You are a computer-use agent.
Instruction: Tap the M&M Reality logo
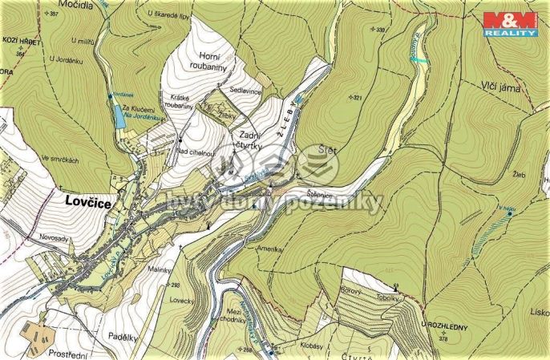tap(509, 23)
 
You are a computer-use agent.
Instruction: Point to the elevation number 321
tap(358, 98)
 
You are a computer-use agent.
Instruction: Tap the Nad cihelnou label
tap(195, 152)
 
